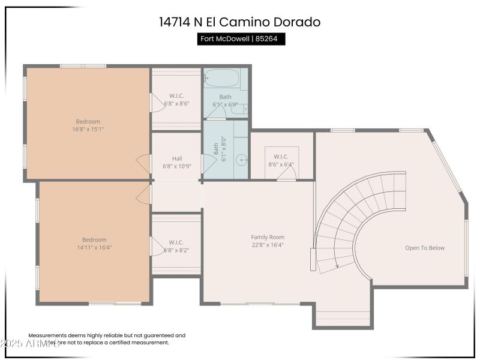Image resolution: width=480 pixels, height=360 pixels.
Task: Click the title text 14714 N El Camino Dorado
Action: pyautogui.click(x=239, y=22)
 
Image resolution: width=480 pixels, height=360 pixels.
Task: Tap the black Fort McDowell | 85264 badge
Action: pyautogui.click(x=241, y=39)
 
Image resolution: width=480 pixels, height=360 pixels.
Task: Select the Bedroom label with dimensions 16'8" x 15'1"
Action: pyautogui.click(x=88, y=125)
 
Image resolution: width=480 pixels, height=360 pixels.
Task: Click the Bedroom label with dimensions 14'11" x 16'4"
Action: pyautogui.click(x=94, y=244)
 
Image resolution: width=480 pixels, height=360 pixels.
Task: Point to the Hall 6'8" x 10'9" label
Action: pyautogui.click(x=176, y=163)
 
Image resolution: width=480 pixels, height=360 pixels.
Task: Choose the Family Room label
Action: pyautogui.click(x=268, y=241)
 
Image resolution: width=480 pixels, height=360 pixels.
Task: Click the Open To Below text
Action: pyautogui.click(x=425, y=248)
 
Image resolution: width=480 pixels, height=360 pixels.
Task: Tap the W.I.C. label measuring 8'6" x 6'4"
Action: pyautogui.click(x=281, y=160)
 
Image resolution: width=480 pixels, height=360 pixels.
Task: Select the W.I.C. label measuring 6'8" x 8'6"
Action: pyautogui.click(x=176, y=100)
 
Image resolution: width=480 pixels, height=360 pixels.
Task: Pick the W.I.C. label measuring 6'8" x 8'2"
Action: pyautogui.click(x=176, y=247)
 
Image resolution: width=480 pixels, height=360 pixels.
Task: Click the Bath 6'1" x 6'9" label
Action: pyautogui.click(x=226, y=100)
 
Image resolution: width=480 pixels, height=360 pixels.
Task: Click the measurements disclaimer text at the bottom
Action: pyautogui.click(x=107, y=339)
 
